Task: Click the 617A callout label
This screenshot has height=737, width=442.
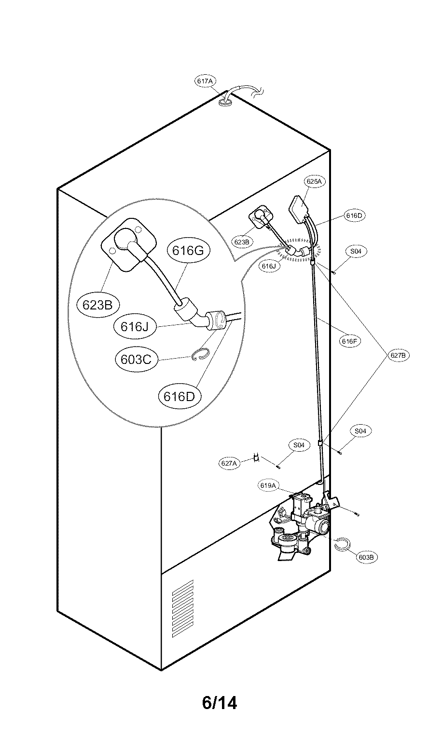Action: (205, 80)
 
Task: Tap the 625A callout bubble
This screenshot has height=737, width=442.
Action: (314, 181)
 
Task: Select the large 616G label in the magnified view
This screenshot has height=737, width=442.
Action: (188, 251)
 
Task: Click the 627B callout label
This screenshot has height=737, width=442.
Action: (398, 355)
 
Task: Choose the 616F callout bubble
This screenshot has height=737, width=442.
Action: (349, 341)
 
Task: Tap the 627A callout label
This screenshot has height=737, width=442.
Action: (229, 463)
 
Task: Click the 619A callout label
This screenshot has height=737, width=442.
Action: (268, 485)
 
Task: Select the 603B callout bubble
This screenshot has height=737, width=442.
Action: (367, 557)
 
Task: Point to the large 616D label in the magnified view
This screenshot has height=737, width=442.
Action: (179, 397)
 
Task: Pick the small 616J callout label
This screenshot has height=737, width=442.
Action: (269, 266)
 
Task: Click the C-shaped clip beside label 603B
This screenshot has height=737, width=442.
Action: (343, 545)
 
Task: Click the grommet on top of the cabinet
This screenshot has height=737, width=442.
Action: (226, 102)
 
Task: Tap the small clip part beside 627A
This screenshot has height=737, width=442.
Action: (256, 457)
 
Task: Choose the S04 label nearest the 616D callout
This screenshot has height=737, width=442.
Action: (356, 251)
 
